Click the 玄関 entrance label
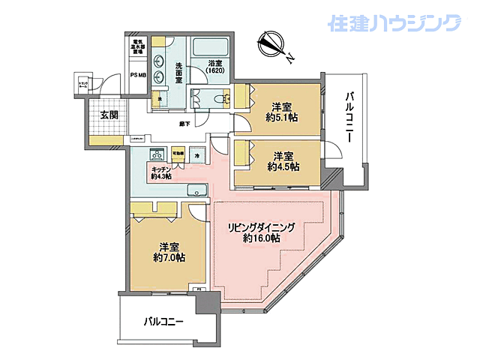tap(108, 115)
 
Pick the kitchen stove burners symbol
tap(157, 155)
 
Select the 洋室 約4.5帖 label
tap(283, 161)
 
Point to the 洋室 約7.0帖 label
tap(169, 251)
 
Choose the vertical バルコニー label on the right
tap(349, 120)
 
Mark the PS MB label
tap(139, 75)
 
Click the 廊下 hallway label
tap(184, 123)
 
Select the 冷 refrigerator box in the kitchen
tap(197, 155)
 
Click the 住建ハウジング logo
tap(394, 23)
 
